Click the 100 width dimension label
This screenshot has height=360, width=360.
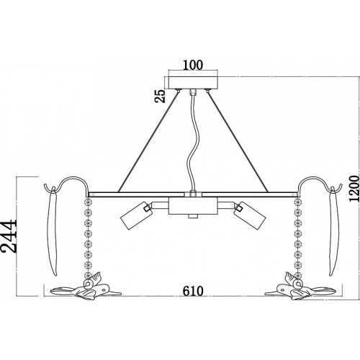pos(193,65)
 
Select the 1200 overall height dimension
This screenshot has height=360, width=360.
pos(354,188)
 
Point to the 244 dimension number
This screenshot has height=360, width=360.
pos(9,236)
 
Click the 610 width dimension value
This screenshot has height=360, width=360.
pos(193,291)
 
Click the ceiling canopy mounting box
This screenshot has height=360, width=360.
pos(193,83)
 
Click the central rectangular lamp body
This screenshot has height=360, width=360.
pos(193,206)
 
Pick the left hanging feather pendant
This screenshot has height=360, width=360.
pos(52,231)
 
